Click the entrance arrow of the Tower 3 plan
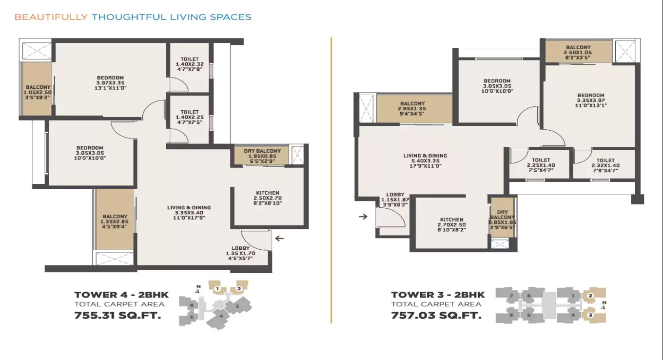(363, 216)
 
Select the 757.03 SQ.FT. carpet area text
(436, 315)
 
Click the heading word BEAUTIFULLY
(51, 17)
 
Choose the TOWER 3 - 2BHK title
(438, 295)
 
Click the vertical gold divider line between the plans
(331, 180)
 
